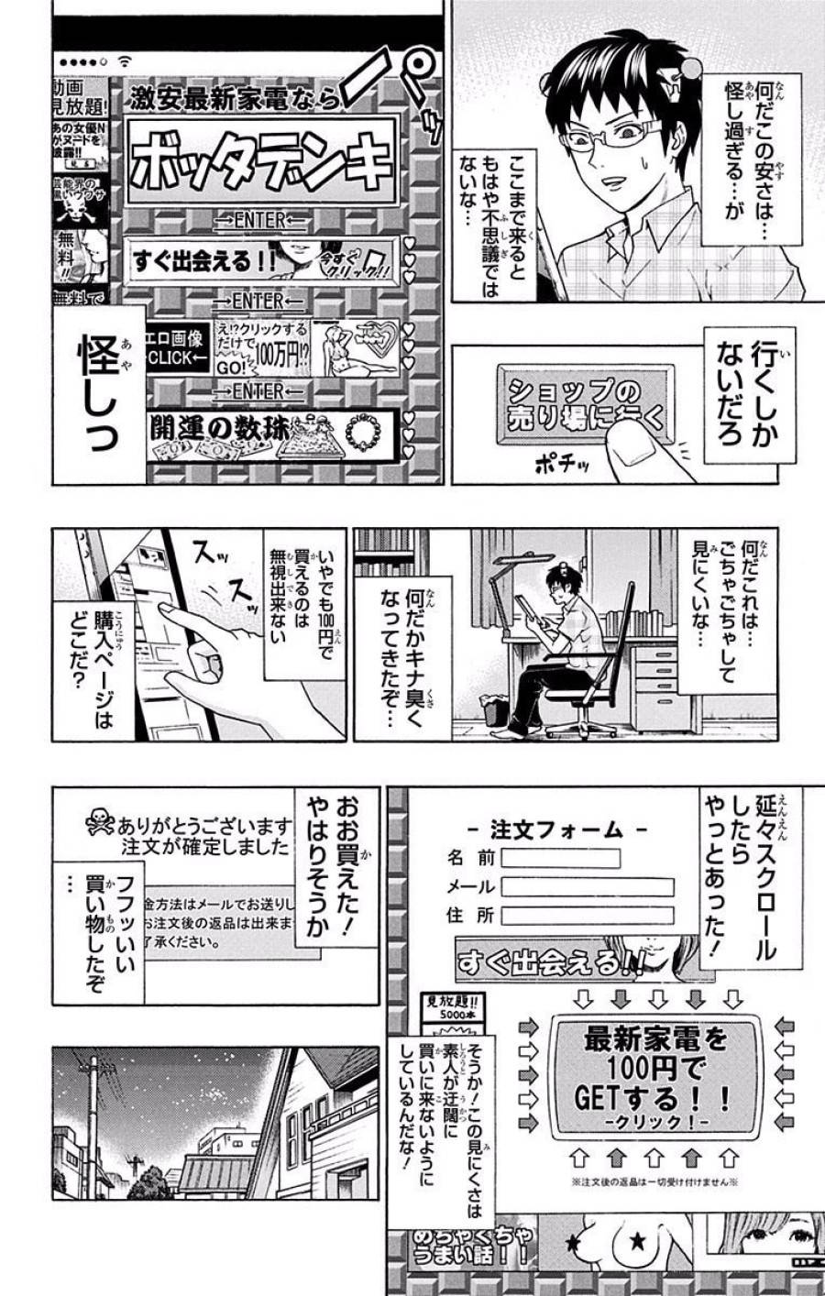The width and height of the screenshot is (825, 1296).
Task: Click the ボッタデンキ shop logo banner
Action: (261, 161)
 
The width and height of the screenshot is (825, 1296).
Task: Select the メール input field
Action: (587, 887)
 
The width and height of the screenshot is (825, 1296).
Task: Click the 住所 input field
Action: (587, 915)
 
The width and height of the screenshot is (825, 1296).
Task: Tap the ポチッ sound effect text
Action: (561, 465)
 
